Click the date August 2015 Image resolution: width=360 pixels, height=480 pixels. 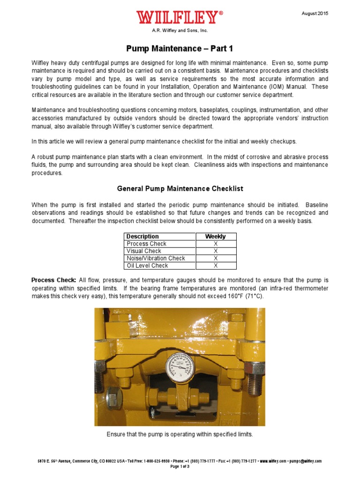pyautogui.click(x=315, y=14)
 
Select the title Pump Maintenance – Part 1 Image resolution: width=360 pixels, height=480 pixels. pyautogui.click(x=180, y=48)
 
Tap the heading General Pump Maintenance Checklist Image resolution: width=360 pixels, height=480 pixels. pyautogui.click(x=180, y=188)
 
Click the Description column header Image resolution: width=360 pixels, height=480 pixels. pyautogui.click(x=143, y=237)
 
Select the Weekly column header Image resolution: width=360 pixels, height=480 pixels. pyautogui.click(x=216, y=237)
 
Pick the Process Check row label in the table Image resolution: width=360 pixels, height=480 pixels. pyautogui.click(x=146, y=244)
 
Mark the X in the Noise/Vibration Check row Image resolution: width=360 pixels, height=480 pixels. pyautogui.click(x=216, y=258)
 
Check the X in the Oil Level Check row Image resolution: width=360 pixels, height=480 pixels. pyautogui.click(x=216, y=266)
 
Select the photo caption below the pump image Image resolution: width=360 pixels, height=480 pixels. pyautogui.click(x=180, y=435)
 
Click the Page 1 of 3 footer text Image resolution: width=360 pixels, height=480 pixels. pyautogui.click(x=180, y=466)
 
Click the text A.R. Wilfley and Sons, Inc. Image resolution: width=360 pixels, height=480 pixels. pyautogui.click(x=180, y=30)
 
